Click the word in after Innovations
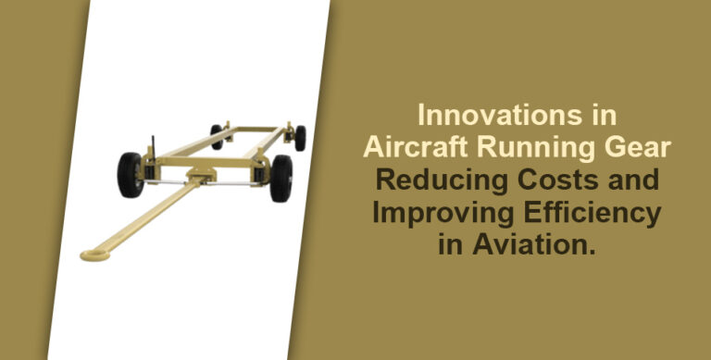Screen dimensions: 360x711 [603, 118]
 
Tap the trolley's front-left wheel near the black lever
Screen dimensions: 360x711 [130, 175]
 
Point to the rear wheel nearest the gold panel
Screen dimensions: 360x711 [299, 138]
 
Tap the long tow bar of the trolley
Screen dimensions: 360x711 [148, 217]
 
